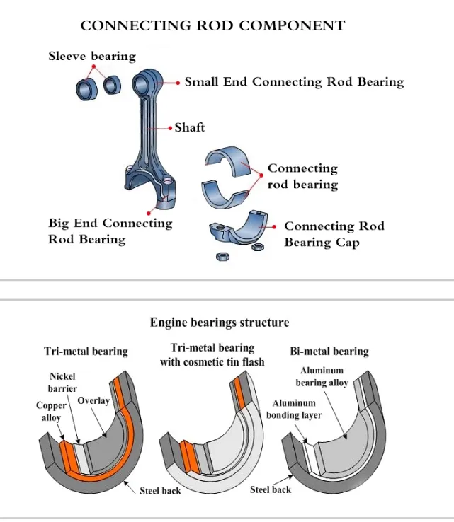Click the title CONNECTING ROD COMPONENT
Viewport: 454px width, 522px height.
[x=212, y=26]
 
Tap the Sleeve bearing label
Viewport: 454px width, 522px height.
[x=91, y=56]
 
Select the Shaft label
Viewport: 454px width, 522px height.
[x=189, y=127]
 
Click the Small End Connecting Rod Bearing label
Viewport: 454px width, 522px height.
[x=294, y=81]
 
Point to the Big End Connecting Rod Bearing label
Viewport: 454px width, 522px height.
[x=110, y=231]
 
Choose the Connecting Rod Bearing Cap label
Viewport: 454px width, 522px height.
[x=334, y=234]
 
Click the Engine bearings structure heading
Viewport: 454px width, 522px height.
[x=220, y=323]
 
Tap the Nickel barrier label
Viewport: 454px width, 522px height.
[x=63, y=383]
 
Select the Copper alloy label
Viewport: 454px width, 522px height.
[x=51, y=412]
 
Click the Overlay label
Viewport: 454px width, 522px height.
[x=93, y=401]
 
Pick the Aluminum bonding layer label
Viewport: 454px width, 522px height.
[x=291, y=409]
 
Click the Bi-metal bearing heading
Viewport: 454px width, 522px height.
[x=329, y=351]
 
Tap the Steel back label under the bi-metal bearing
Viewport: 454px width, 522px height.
[x=271, y=489]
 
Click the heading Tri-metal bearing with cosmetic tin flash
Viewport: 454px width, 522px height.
[x=212, y=355]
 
